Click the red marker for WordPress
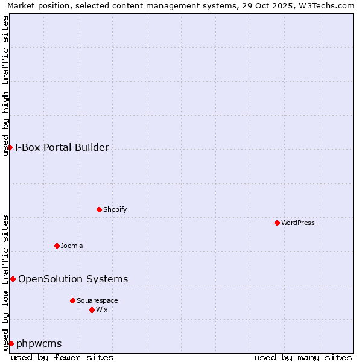277,223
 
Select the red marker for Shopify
99,209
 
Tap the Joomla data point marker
57,246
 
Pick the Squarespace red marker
72,300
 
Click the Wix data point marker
92,310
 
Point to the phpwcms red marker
11,343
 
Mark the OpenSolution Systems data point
13,279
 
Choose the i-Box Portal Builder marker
10,147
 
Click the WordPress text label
298,223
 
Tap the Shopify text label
115,209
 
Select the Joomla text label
72,246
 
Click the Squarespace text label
97,300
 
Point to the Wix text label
101,310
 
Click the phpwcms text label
39,343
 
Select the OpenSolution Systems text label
73,279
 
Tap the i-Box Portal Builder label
62,147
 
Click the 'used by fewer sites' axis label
62,357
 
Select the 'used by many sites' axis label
303,357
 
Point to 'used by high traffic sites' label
5,86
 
